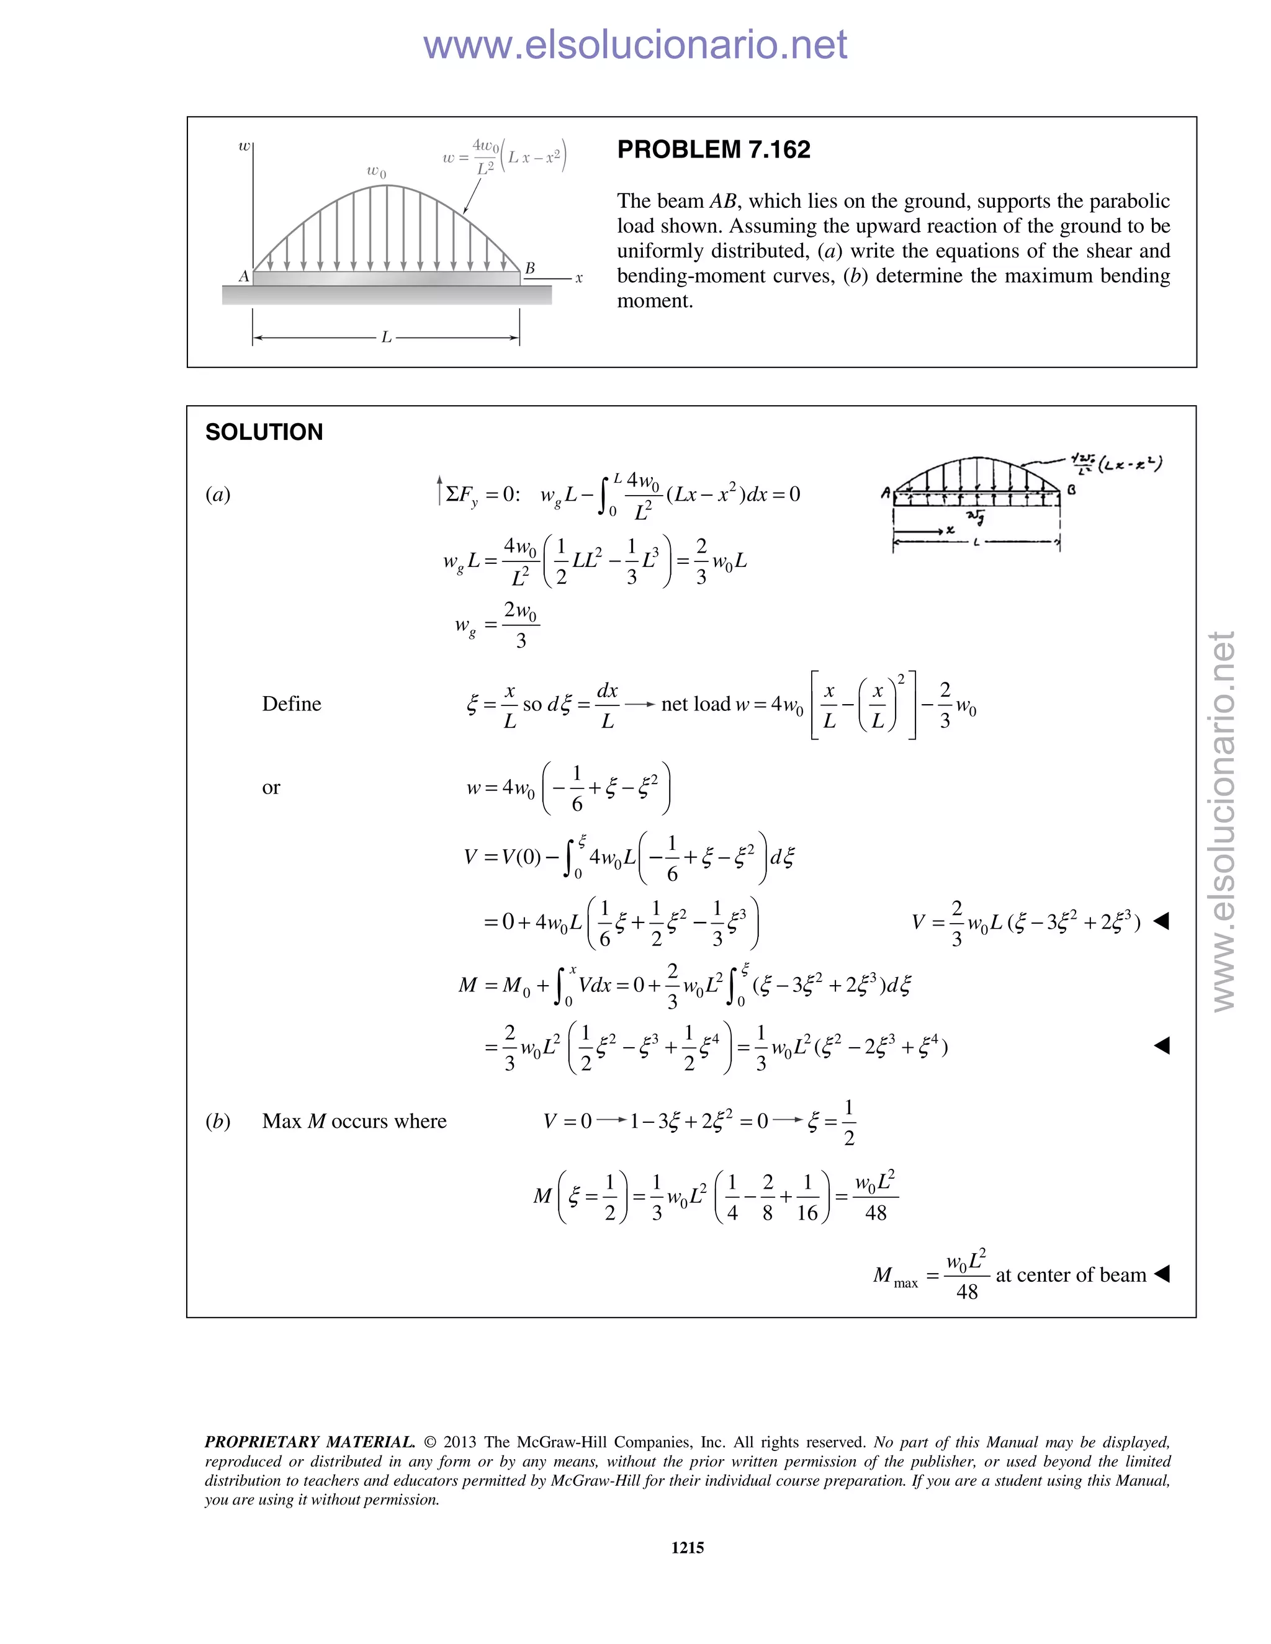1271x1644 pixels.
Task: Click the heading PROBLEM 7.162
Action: pyautogui.click(x=713, y=150)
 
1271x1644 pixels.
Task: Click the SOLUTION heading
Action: pyautogui.click(x=264, y=432)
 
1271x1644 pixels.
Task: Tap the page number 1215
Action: pyautogui.click(x=687, y=1547)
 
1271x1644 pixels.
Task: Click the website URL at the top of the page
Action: pyautogui.click(x=635, y=45)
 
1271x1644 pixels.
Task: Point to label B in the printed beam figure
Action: pyautogui.click(x=530, y=268)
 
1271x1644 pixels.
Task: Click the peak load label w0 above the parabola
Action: pyautogui.click(x=377, y=172)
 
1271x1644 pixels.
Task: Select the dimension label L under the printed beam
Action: pyautogui.click(x=386, y=338)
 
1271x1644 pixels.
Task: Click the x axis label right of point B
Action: pyautogui.click(x=579, y=279)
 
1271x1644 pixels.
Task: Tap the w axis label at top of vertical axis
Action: pyautogui.click(x=244, y=146)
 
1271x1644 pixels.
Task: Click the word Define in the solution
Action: pyautogui.click(x=292, y=704)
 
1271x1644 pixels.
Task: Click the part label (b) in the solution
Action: pyautogui.click(x=218, y=1121)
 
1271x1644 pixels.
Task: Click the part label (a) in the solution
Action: pyautogui.click(x=218, y=494)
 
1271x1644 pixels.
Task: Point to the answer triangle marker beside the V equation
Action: pyautogui.click(x=1161, y=921)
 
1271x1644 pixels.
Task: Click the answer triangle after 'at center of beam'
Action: pyautogui.click(x=1161, y=1274)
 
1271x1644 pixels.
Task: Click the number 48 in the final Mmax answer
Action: pyautogui.click(x=967, y=1292)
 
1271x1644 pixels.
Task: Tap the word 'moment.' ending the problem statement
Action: pyautogui.click(x=654, y=301)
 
